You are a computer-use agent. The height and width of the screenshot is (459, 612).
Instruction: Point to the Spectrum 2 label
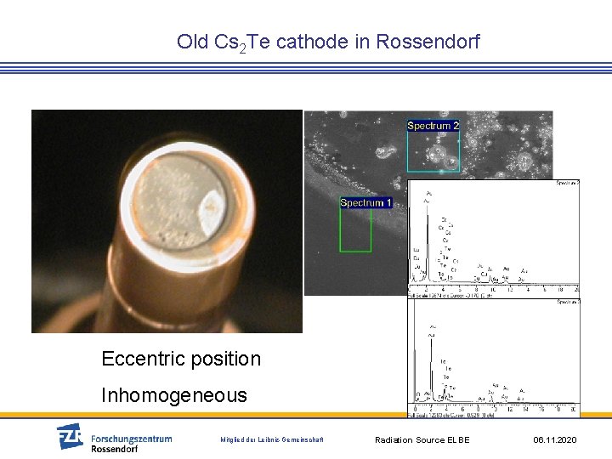point(433,126)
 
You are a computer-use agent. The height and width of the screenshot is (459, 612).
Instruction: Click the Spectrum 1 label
point(365,202)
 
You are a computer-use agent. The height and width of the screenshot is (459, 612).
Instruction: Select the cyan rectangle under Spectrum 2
point(433,153)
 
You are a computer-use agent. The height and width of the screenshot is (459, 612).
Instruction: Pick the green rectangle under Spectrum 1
point(355,230)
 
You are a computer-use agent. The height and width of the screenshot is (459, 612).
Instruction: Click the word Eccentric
point(140,359)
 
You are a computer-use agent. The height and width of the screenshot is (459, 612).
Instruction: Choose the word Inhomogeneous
point(174,395)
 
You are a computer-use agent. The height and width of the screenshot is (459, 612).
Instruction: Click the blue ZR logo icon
point(70,436)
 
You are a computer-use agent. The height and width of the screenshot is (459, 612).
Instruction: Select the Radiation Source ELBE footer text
point(422,439)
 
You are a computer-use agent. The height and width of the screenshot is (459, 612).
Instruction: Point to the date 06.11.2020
point(555,439)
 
